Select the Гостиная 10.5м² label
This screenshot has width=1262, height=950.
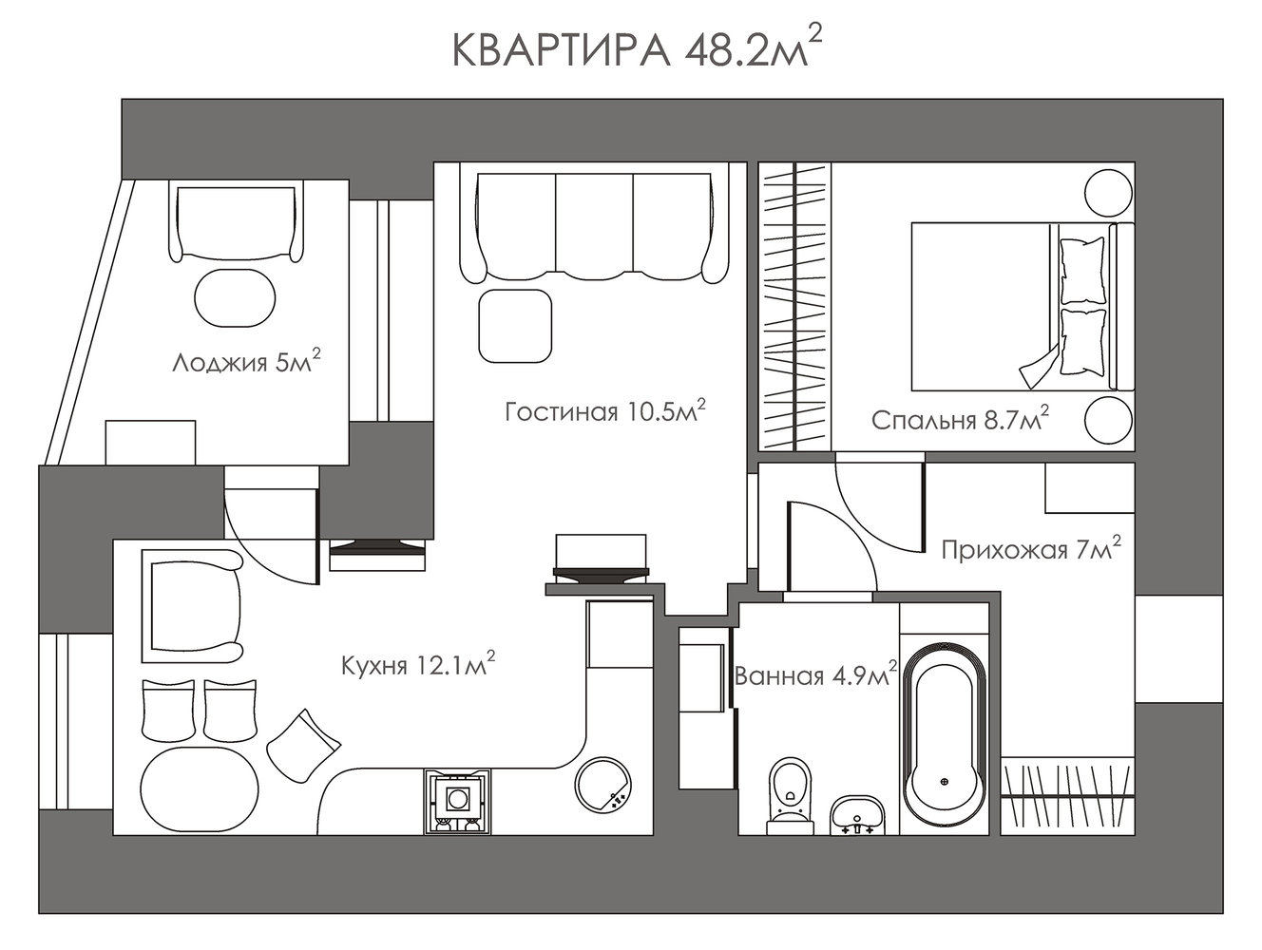point(604,410)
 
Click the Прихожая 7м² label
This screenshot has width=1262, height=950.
point(1031,549)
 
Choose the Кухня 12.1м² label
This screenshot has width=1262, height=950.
point(418,664)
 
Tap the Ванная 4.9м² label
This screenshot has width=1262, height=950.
point(815,674)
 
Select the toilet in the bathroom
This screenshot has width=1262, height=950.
point(791,795)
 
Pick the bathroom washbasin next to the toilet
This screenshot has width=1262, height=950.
point(857,815)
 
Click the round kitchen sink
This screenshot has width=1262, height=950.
point(603,785)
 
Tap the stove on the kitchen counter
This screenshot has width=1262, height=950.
point(458,801)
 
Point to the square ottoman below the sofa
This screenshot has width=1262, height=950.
point(515,326)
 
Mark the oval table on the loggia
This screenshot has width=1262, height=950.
point(235,298)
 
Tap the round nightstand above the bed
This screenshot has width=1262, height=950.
point(1108,192)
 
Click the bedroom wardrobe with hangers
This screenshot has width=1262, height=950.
point(794,306)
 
